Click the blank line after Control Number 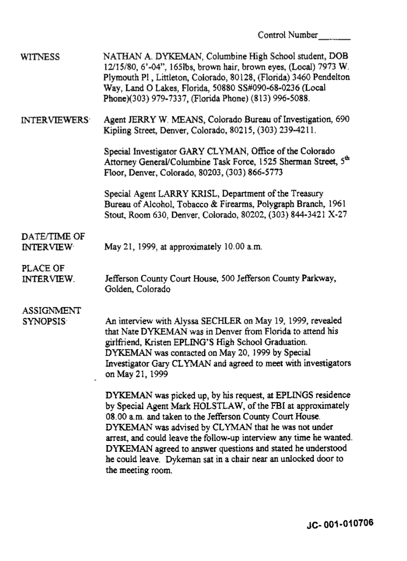point(335,36)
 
